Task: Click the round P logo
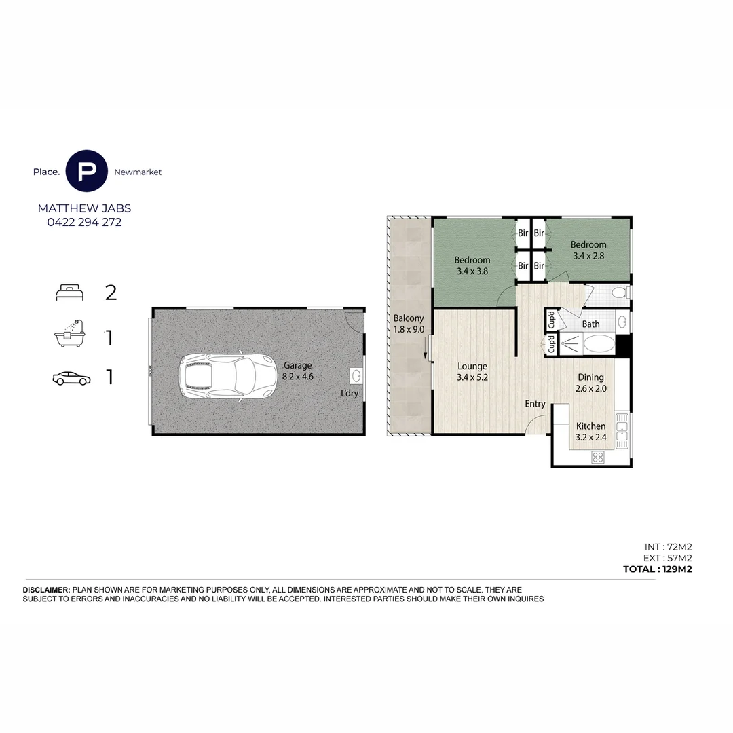tap(86, 171)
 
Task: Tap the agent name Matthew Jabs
tap(85, 208)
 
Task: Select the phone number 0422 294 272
tap(85, 222)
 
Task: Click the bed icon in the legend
tap(70, 293)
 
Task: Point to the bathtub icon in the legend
tap(70, 333)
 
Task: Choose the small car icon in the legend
tap(71, 378)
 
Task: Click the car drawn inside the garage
tap(228, 376)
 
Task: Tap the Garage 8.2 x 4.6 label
tap(298, 371)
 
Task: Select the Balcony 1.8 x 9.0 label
tap(409, 324)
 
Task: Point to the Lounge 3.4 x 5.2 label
tap(472, 372)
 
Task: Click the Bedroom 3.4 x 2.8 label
tap(588, 250)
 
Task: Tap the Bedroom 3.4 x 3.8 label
tap(472, 265)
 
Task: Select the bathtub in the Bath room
tap(599, 343)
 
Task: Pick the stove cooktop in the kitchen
tap(598, 457)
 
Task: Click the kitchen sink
tap(622, 430)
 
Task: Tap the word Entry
tap(535, 404)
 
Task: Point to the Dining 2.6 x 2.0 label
tap(591, 383)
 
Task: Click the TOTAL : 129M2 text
tap(657, 569)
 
